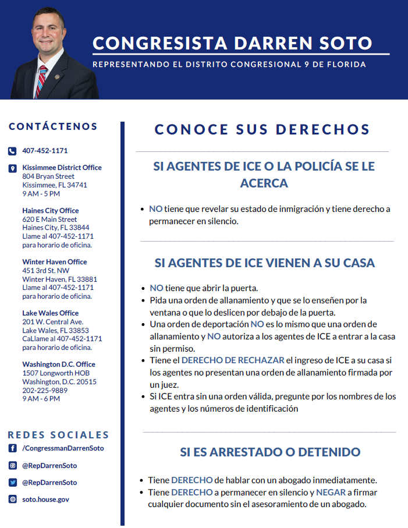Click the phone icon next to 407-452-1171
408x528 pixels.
pyautogui.click(x=12, y=151)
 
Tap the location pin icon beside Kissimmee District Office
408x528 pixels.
pyautogui.click(x=12, y=169)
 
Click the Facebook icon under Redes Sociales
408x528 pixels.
pyautogui.click(x=12, y=448)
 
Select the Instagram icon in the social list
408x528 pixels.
pyautogui.click(x=12, y=466)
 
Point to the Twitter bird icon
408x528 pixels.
pyautogui.click(x=12, y=483)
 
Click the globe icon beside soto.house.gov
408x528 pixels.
pyautogui.click(x=12, y=499)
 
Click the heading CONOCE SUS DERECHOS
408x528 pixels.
pyautogui.click(x=262, y=130)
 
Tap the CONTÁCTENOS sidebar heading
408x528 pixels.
pyautogui.click(x=53, y=126)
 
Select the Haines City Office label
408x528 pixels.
pyautogui.click(x=51, y=211)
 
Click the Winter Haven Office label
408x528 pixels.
pyautogui.click(x=55, y=262)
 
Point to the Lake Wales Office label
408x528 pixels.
pyautogui.click(x=51, y=313)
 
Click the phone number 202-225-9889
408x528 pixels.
pyautogui.click(x=45, y=391)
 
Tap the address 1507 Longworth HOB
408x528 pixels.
pyautogui.click(x=56, y=373)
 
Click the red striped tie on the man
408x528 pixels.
pyautogui.click(x=41, y=80)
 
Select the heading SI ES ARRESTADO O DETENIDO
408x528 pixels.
pyautogui.click(x=270, y=452)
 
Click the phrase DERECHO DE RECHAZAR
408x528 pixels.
pyautogui.click(x=233, y=361)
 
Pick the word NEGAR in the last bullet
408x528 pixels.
pyautogui.click(x=331, y=492)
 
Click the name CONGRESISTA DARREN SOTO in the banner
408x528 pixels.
pyautogui.click(x=232, y=43)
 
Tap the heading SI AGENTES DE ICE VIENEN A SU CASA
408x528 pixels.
pyautogui.click(x=265, y=263)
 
